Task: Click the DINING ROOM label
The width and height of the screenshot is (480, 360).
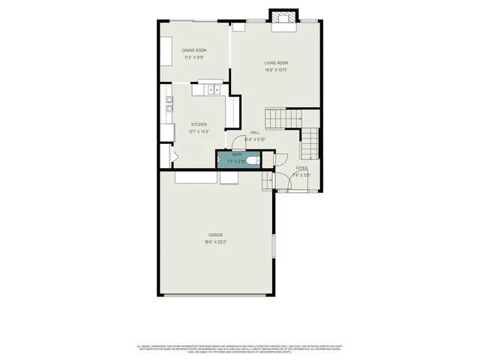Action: click(193, 50)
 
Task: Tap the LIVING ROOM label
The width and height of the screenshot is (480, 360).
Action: click(276, 63)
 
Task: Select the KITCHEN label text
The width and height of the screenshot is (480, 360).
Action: click(198, 124)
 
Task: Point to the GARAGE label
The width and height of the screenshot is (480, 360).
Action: click(216, 235)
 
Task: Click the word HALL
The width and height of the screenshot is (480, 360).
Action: click(255, 132)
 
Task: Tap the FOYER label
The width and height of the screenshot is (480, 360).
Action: click(301, 168)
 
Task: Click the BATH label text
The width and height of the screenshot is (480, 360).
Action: click(237, 154)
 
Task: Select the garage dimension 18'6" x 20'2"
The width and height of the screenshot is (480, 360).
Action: click(216, 242)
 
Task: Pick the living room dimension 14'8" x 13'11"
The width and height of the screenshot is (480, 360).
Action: click(276, 70)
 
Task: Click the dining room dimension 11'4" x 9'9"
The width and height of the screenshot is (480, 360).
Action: click(193, 57)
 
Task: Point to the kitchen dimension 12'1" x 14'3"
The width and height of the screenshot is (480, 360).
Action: click(198, 131)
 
